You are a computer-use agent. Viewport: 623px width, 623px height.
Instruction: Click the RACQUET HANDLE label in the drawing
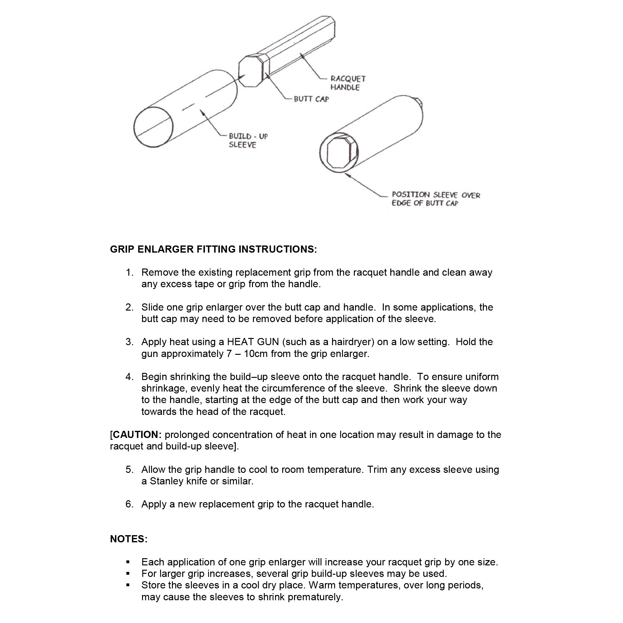(x=348, y=83)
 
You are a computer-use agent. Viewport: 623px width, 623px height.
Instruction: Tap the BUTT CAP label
(x=311, y=99)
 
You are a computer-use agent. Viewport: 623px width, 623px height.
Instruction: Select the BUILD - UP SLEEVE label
(x=248, y=140)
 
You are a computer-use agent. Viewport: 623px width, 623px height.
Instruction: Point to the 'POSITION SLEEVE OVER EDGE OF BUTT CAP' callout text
(x=436, y=199)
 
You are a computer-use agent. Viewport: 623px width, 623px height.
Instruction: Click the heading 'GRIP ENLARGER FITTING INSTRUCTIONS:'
(x=213, y=249)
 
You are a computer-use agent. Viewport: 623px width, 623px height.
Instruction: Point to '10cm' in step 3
(x=256, y=354)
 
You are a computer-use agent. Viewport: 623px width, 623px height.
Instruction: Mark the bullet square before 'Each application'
(x=128, y=562)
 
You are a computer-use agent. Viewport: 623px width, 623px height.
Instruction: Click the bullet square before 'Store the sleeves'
(x=128, y=585)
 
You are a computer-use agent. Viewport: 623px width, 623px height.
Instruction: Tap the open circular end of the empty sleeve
(x=153, y=127)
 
